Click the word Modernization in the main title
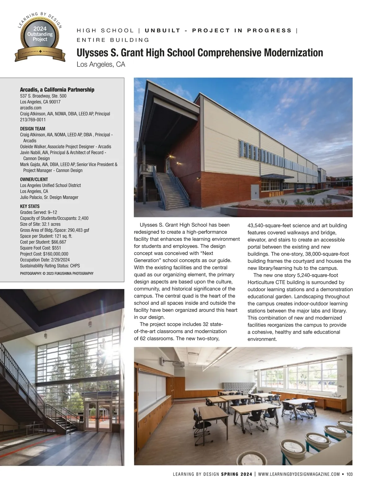293,53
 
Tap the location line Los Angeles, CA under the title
101,64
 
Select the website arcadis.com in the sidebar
31,108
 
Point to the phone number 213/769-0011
33,120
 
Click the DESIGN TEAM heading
33,129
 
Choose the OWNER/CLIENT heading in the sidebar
34,179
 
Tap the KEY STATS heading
30,206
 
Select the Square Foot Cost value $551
56,248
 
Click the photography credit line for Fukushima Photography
57,273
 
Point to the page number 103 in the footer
350,474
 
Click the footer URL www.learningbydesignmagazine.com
299,474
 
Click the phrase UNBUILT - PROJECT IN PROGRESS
218,30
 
